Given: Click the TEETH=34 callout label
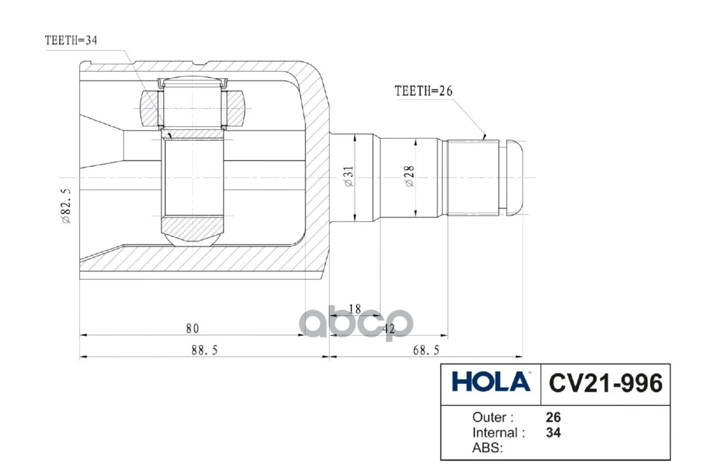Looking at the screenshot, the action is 71,40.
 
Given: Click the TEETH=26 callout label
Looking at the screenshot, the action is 424,91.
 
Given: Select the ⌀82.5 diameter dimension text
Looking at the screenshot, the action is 67,206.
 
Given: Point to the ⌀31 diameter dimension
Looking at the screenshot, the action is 349,176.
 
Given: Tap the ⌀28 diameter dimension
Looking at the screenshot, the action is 410,176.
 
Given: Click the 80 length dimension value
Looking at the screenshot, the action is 192,328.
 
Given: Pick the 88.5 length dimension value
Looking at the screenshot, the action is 204,350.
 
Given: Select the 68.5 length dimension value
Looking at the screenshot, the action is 426,350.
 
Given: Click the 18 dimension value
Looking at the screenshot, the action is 355,309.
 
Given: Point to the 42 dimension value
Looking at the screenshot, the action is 388,329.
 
